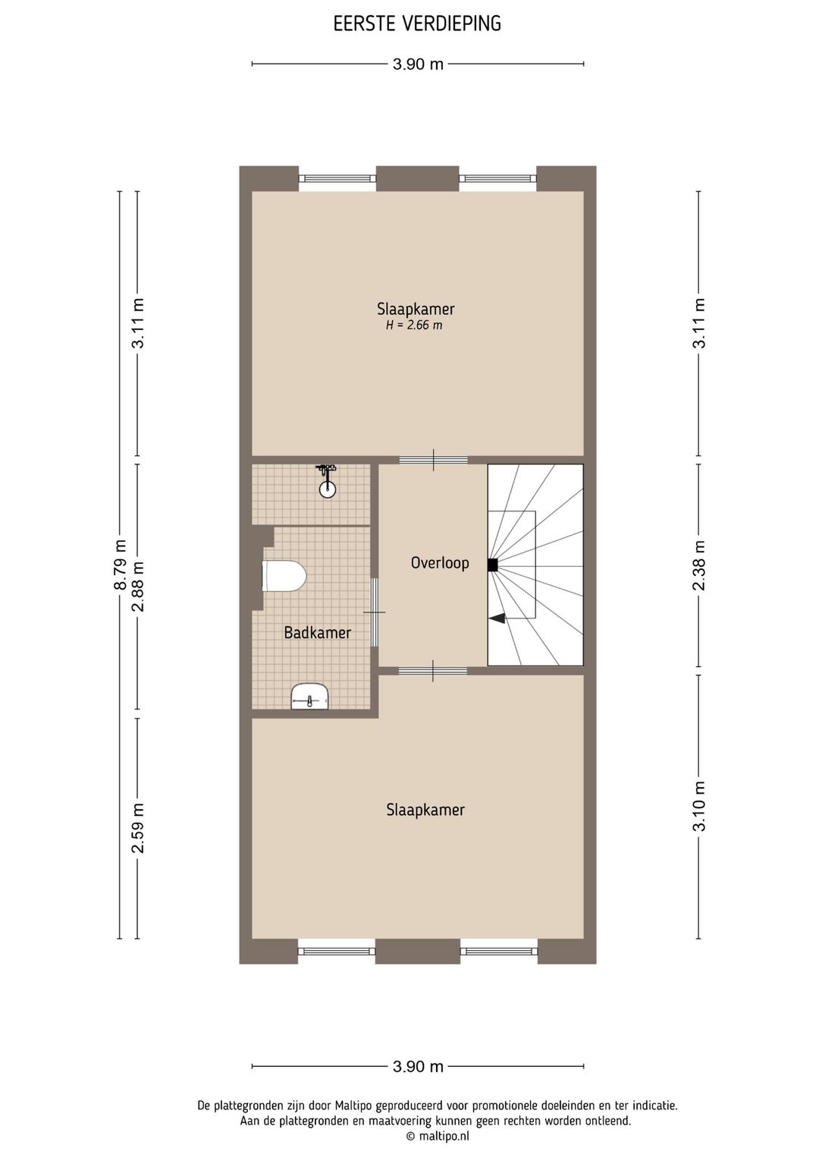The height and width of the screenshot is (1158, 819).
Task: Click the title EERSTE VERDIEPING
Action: pos(417,24)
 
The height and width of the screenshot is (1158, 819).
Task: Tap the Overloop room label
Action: pos(440,563)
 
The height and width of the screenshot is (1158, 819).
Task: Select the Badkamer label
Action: pos(317,632)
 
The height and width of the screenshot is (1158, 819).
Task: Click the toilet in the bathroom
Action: pos(284,576)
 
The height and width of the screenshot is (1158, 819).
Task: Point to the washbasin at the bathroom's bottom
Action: pos(309,696)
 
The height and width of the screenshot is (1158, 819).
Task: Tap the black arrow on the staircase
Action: pos(497,618)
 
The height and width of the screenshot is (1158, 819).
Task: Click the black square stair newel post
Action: pos(492,565)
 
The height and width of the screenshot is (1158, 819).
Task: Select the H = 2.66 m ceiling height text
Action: pos(414,326)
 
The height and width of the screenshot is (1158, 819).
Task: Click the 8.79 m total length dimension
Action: pos(120,565)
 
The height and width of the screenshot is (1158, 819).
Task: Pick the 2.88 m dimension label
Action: pos(138,586)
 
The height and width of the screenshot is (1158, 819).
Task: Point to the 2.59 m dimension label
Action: pos(138,827)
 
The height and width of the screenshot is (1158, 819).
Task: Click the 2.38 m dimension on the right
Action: pos(699,565)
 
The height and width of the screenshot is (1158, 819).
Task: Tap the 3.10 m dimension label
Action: pos(699,806)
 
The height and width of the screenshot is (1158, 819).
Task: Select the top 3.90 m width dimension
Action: pos(418,65)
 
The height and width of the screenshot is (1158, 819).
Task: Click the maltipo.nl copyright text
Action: pos(438,1136)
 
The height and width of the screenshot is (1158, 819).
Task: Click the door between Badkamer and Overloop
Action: pos(374,612)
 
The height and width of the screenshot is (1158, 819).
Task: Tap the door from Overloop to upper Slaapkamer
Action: pos(434,460)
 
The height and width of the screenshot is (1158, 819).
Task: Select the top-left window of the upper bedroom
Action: pos(337,179)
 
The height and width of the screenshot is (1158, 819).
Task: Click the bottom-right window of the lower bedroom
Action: pos(498,950)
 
